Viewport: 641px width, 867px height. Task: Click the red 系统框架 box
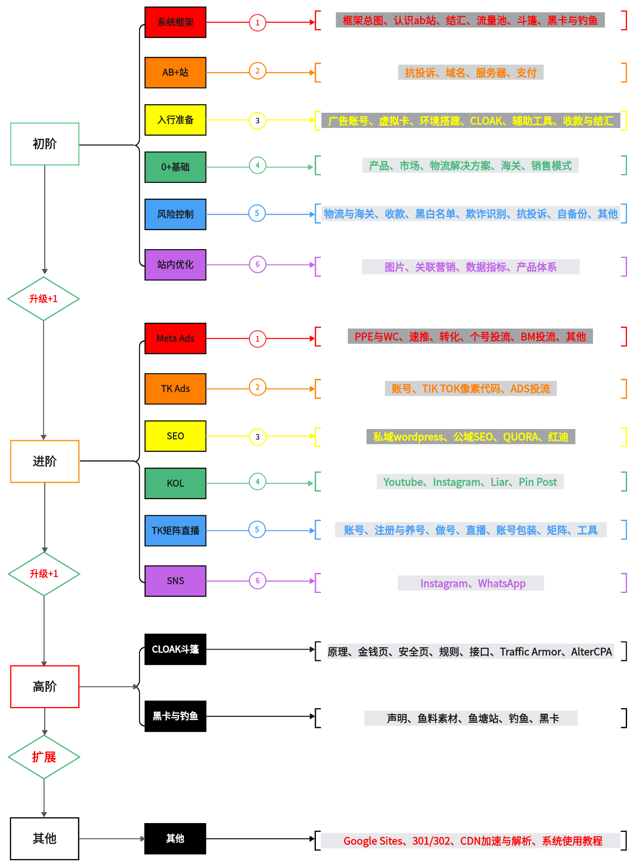pyautogui.click(x=175, y=22)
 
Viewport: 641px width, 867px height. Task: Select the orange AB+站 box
pyautogui.click(x=175, y=72)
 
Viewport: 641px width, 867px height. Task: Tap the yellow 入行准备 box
pyautogui.click(x=175, y=120)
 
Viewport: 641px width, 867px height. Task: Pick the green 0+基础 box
pyautogui.click(x=175, y=167)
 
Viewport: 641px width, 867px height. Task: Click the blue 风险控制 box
pyautogui.click(x=175, y=214)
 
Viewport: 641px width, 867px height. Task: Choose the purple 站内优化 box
pyautogui.click(x=175, y=264)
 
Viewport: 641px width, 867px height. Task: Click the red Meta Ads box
pyautogui.click(x=175, y=338)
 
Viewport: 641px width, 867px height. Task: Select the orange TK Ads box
pyautogui.click(x=175, y=389)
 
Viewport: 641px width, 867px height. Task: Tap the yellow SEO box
pyautogui.click(x=175, y=436)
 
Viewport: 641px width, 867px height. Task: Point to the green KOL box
pyautogui.click(x=175, y=483)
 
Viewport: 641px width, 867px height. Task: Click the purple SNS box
pyautogui.click(x=175, y=581)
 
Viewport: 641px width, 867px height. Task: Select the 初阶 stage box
pyautogui.click(x=45, y=144)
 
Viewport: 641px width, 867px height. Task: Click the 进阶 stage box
pyautogui.click(x=45, y=461)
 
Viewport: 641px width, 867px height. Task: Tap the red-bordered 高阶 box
pyautogui.click(x=45, y=687)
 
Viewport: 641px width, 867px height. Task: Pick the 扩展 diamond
pyautogui.click(x=44, y=757)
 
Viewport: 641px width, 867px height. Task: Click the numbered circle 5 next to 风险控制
pyautogui.click(x=257, y=213)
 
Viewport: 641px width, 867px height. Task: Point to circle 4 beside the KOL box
pyautogui.click(x=257, y=482)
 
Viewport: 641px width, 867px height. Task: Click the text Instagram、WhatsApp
pyautogui.click(x=473, y=583)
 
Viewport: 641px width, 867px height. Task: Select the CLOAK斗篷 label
pyautogui.click(x=175, y=649)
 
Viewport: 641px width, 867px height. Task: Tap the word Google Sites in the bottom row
pyautogui.click(x=373, y=841)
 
